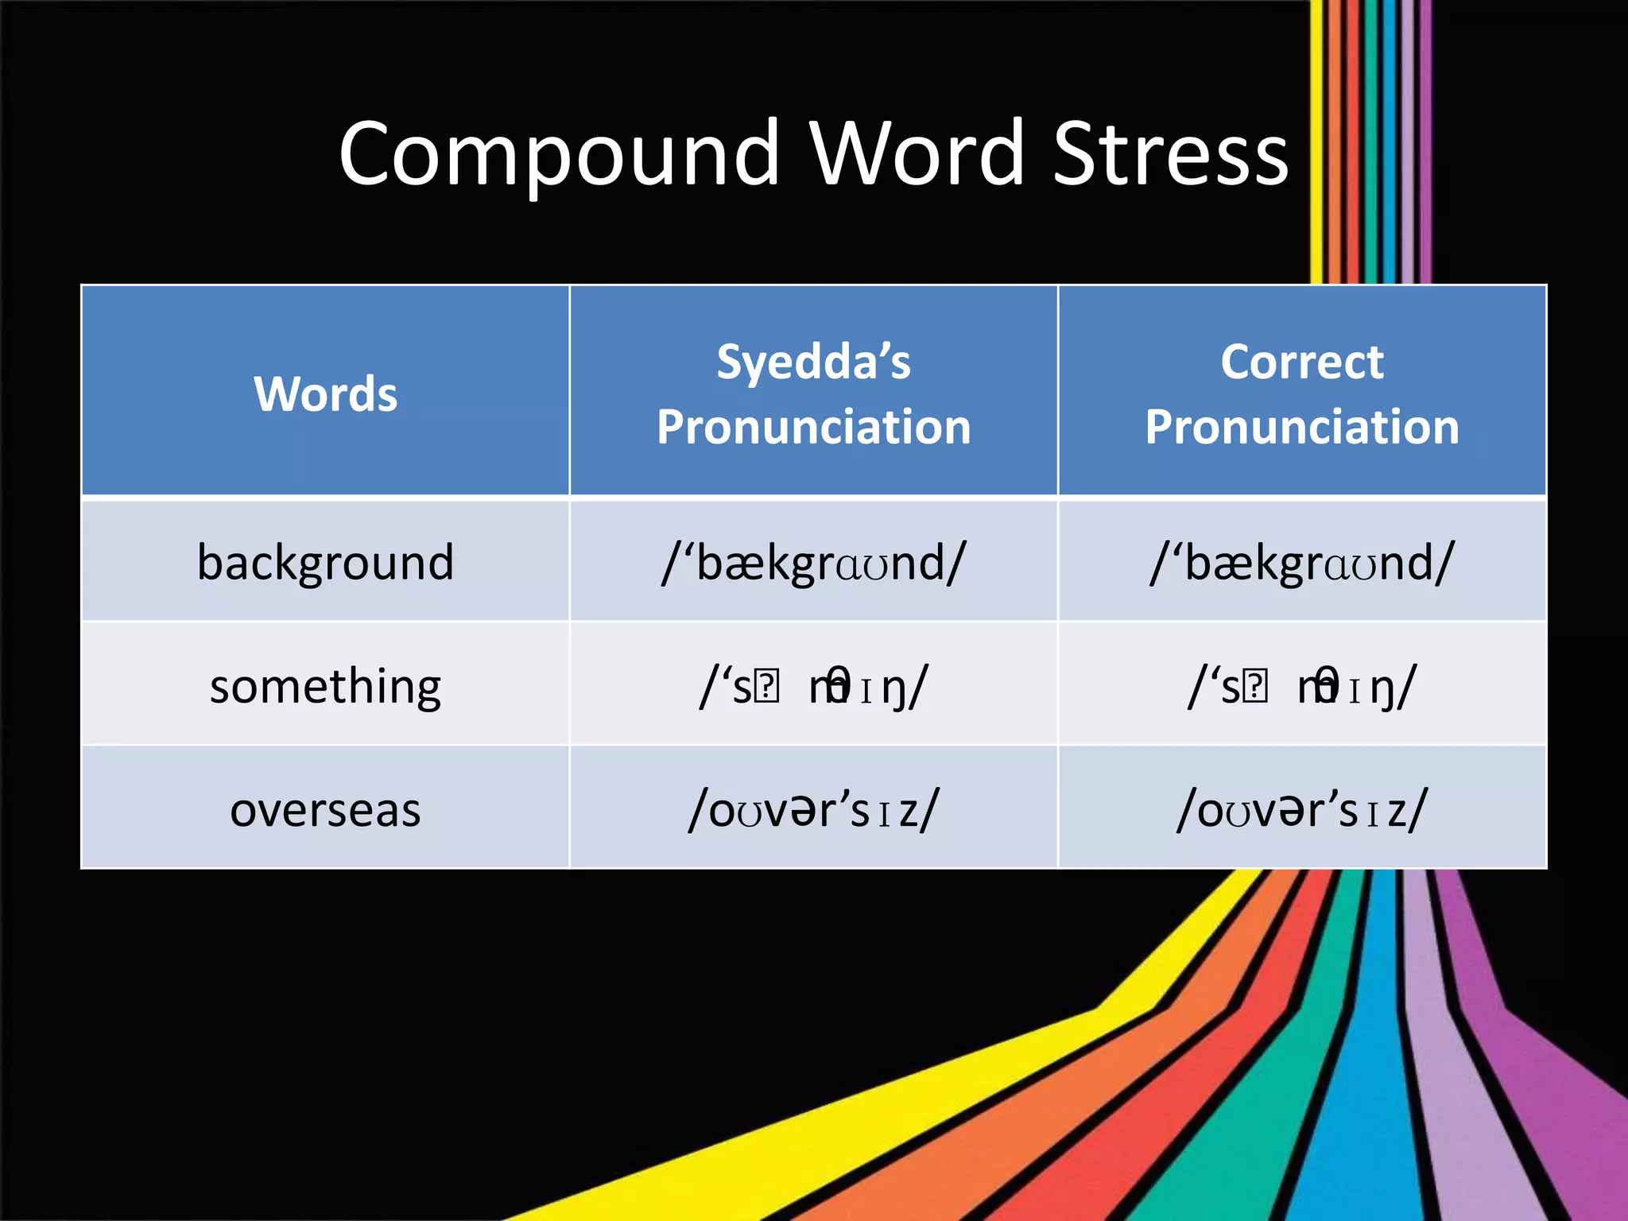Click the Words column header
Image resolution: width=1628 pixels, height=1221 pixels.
point(325,393)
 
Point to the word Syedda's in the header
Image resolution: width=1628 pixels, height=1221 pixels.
point(813,362)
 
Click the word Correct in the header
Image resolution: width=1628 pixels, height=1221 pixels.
point(1302,362)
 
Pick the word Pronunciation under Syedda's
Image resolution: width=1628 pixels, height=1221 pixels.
point(813,427)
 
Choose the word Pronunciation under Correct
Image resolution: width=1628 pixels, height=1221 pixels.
point(1302,427)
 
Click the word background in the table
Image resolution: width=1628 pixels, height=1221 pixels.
point(325,563)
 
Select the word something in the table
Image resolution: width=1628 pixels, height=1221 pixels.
point(325,686)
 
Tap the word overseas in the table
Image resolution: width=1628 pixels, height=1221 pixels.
point(325,810)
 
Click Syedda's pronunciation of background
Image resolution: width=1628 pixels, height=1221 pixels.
point(813,563)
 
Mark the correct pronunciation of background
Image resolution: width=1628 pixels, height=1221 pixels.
point(1302,563)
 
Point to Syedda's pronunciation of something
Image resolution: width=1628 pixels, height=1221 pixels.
point(813,687)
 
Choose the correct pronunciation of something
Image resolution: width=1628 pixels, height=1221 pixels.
point(1302,687)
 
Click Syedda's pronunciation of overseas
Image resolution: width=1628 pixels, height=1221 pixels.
point(813,810)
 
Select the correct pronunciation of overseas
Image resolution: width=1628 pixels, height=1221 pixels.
point(1302,810)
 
